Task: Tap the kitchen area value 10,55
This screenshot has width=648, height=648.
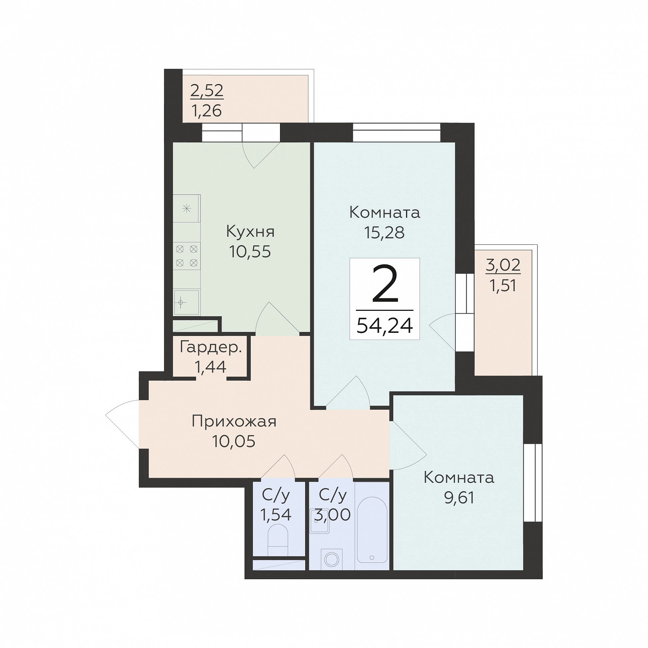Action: [250, 252]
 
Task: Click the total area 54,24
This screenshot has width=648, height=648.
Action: [384, 326]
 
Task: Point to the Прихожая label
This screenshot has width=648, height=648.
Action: [234, 422]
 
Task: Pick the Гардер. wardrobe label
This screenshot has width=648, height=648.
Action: [211, 347]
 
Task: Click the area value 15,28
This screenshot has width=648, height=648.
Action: [384, 232]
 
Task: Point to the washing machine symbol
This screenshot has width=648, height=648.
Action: [331, 559]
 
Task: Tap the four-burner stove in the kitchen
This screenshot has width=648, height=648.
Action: [187, 256]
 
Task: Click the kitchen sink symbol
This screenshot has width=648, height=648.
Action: [186, 302]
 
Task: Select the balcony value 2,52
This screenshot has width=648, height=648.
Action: [207, 91]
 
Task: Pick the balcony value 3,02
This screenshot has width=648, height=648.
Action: [503, 265]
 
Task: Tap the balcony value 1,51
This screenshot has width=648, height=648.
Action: [503, 286]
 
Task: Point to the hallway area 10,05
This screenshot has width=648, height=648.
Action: [234, 442]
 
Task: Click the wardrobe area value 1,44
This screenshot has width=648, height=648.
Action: [210, 366]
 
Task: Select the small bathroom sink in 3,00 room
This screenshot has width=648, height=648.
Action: [319, 520]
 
